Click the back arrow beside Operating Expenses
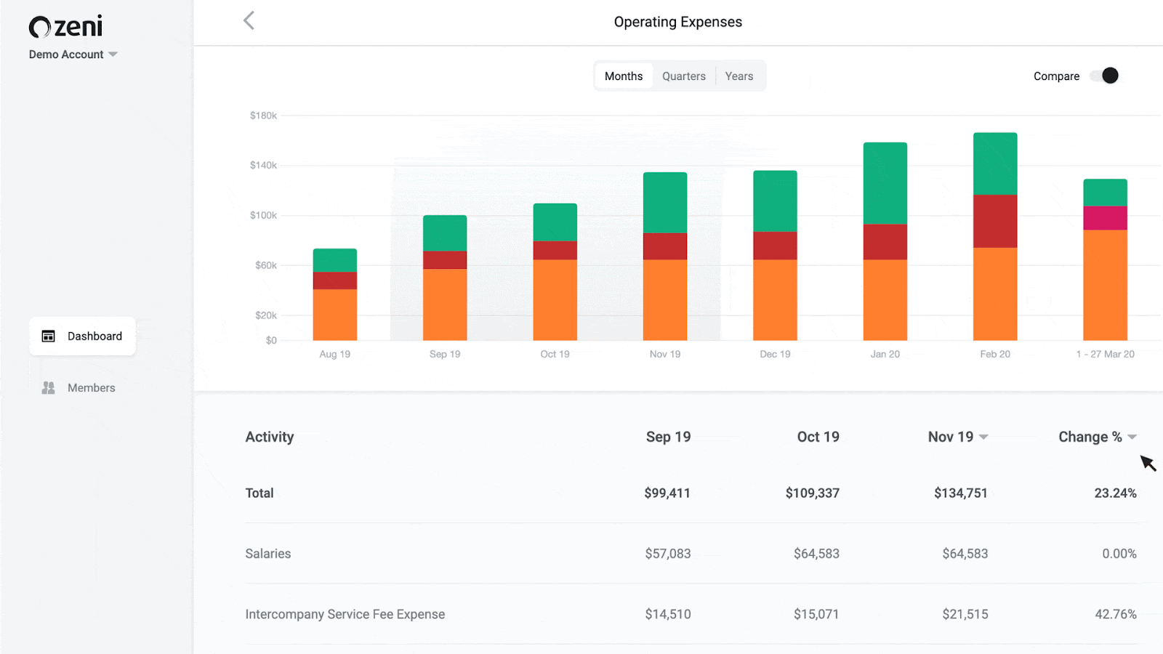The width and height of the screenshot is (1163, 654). tap(249, 20)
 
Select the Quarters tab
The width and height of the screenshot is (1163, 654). tap(683, 76)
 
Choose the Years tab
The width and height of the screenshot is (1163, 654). tap(739, 76)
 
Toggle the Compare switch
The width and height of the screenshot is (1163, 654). tap(1105, 76)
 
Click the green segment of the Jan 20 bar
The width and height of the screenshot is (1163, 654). tap(885, 182)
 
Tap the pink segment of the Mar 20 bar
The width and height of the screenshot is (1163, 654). tap(1105, 218)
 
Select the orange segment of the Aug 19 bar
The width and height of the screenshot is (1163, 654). tap(334, 315)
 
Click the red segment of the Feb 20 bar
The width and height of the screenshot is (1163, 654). tap(995, 221)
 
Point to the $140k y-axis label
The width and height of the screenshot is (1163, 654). tap(263, 166)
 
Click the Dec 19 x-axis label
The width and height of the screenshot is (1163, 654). tap(775, 354)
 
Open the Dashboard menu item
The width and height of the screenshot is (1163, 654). tap(82, 336)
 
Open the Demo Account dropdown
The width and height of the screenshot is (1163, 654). tap(73, 54)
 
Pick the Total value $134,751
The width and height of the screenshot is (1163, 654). tap(960, 493)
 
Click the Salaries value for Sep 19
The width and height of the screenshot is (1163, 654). tap(667, 554)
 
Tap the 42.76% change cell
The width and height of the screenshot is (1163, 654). tap(1115, 614)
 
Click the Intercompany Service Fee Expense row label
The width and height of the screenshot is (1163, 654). tap(345, 614)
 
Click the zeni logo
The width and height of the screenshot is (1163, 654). tap(65, 27)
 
